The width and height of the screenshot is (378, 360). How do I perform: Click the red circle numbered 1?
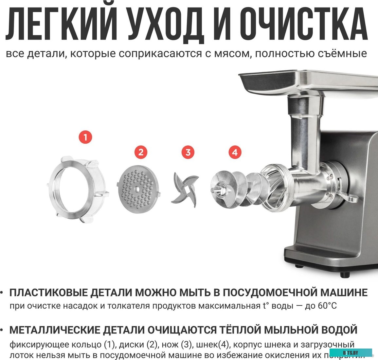(x=85, y=137)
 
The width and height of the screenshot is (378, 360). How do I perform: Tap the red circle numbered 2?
(x=141, y=152)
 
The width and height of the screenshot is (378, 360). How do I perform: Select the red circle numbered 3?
(x=188, y=152)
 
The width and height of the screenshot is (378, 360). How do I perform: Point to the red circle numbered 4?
(x=235, y=152)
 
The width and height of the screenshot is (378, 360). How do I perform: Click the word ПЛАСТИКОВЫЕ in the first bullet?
(x=49, y=292)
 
